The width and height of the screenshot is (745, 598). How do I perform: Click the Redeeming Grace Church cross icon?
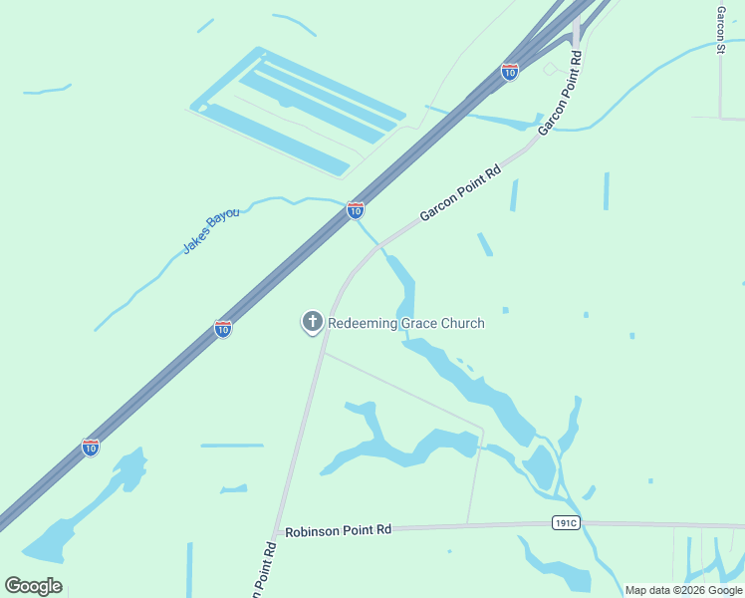click(x=313, y=322)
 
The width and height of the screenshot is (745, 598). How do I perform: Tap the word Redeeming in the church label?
click(x=363, y=323)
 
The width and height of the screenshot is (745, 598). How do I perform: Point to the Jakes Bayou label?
click(x=210, y=231)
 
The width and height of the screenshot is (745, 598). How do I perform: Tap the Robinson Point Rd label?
click(x=338, y=531)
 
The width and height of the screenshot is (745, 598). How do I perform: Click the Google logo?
click(x=33, y=586)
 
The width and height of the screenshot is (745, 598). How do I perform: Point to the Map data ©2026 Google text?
click(x=683, y=590)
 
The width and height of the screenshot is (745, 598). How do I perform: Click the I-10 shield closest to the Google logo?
click(x=91, y=448)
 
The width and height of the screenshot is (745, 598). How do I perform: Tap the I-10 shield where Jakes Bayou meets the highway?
click(x=356, y=210)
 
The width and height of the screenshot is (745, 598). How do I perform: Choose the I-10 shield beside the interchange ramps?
click(x=510, y=72)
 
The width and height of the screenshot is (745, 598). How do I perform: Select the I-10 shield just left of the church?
click(x=223, y=329)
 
